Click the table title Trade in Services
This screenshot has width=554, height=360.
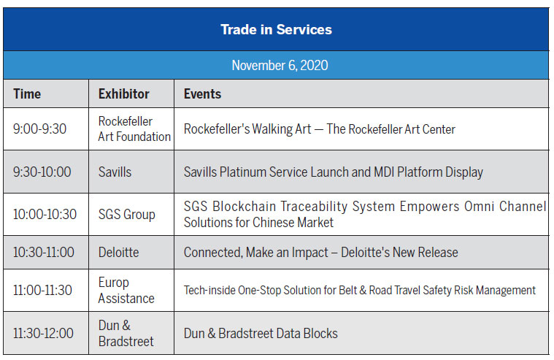click(x=277, y=30)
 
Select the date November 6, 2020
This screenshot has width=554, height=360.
click(x=280, y=66)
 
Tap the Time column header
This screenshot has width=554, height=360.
click(x=27, y=94)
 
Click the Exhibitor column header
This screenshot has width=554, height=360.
click(x=123, y=94)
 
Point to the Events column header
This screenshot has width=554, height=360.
click(x=202, y=94)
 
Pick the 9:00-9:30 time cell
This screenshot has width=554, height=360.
click(x=39, y=129)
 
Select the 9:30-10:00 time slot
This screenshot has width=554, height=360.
click(x=42, y=172)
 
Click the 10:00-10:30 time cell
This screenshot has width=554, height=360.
click(x=45, y=214)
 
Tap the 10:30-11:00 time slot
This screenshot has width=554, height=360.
click(x=44, y=252)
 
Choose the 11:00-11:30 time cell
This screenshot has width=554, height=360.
click(x=42, y=290)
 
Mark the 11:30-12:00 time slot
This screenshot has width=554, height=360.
click(x=43, y=333)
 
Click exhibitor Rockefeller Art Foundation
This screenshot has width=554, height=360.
click(x=134, y=129)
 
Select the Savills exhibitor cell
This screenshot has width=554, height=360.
click(x=115, y=172)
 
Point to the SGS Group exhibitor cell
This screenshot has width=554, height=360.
click(x=127, y=215)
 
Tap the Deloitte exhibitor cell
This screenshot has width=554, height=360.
click(x=119, y=252)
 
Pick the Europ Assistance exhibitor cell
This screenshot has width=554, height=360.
click(x=126, y=291)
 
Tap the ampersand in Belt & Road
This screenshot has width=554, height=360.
click(x=363, y=291)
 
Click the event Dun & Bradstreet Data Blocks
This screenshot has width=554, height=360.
click(x=261, y=333)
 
